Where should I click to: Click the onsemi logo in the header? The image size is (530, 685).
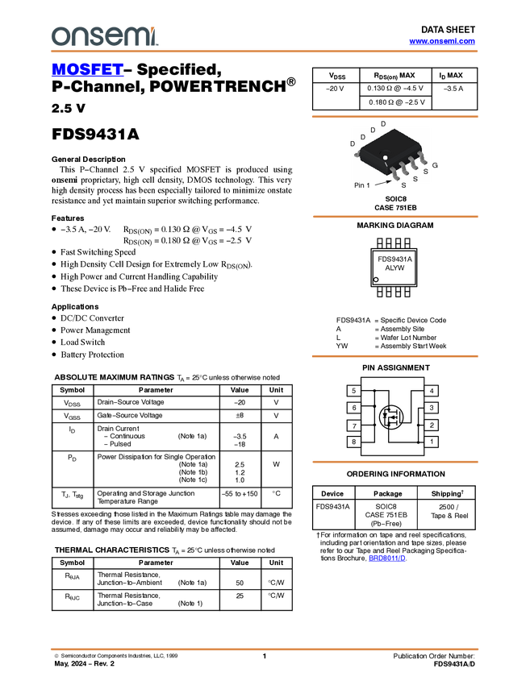pyautogui.click(x=104, y=36)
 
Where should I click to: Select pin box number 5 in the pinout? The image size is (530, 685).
pyautogui.click(x=354, y=391)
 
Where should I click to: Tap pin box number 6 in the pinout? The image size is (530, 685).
pyautogui.click(x=354, y=408)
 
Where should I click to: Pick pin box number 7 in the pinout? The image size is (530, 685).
pyautogui.click(x=354, y=425)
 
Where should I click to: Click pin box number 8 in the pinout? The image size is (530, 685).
pyautogui.click(x=354, y=442)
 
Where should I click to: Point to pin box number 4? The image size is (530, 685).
pyautogui.click(x=432, y=391)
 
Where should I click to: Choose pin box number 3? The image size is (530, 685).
pyautogui.click(x=432, y=408)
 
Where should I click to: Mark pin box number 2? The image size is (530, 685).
pyautogui.click(x=432, y=425)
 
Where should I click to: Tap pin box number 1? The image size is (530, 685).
pyautogui.click(x=432, y=442)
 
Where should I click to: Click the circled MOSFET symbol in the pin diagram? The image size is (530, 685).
pyautogui.click(x=393, y=417)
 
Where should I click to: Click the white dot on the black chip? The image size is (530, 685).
pyautogui.click(x=386, y=157)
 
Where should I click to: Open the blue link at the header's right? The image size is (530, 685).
pyautogui.click(x=442, y=41)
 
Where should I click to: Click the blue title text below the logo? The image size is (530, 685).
pyautogui.click(x=87, y=70)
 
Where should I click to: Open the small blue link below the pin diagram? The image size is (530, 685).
pyautogui.click(x=387, y=558)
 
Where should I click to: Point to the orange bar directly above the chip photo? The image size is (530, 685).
pyautogui.click(x=394, y=117)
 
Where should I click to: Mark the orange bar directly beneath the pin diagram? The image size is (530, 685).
pyautogui.click(x=394, y=462)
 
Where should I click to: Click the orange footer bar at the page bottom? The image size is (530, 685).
pyautogui.click(x=265, y=649)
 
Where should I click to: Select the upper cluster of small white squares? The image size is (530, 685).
pyautogui.click(x=394, y=243)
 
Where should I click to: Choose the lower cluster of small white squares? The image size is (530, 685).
pyautogui.click(x=394, y=291)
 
